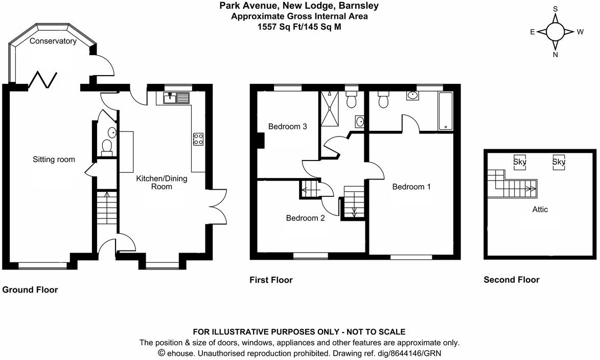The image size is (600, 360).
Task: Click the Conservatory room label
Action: tap(53, 41)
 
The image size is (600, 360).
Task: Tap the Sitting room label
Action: tap(54, 160)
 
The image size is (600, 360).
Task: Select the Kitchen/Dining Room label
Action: tap(161, 183)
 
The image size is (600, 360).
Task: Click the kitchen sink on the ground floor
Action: tap(176, 97)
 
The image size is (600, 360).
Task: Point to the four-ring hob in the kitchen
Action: tap(198, 139)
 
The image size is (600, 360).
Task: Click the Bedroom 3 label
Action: tap(287, 127)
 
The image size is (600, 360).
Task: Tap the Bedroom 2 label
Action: tap(305, 218)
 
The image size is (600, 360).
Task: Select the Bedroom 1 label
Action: tap(411, 187)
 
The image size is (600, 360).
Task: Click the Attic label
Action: tap(540, 209)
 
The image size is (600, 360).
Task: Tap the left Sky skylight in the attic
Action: tap(520, 162)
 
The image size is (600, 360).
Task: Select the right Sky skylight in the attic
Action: tap(559, 162)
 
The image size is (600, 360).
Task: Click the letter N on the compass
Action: tap(555, 55)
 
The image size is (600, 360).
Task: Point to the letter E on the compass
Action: tap(532, 32)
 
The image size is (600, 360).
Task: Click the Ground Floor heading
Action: tap(30, 290)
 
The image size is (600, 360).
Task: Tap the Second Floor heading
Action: tap(512, 280)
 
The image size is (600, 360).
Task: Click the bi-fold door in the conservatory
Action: tap(44, 79)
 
